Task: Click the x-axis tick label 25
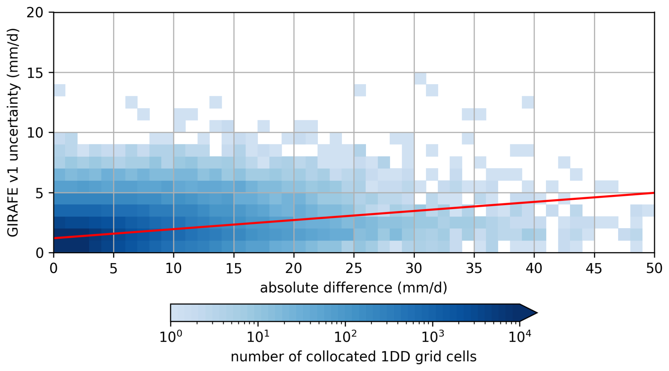click(354, 268)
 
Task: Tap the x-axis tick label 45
click(594, 268)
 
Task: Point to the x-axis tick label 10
click(173, 268)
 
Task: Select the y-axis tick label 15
click(35, 73)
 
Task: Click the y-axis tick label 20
click(35, 13)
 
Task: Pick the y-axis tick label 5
click(39, 193)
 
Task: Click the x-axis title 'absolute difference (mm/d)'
click(354, 288)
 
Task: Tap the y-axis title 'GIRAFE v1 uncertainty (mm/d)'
click(13, 133)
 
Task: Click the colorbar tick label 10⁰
click(171, 337)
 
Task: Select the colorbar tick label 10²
click(345, 337)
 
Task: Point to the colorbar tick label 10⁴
click(519, 337)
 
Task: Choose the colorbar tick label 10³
click(432, 337)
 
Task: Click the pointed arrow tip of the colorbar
click(536, 313)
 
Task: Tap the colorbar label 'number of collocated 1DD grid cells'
click(354, 356)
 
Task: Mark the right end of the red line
click(654, 193)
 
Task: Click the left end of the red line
click(54, 238)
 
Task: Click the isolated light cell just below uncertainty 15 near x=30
click(420, 79)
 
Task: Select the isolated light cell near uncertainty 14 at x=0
click(59, 90)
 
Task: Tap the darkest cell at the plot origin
click(59, 247)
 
